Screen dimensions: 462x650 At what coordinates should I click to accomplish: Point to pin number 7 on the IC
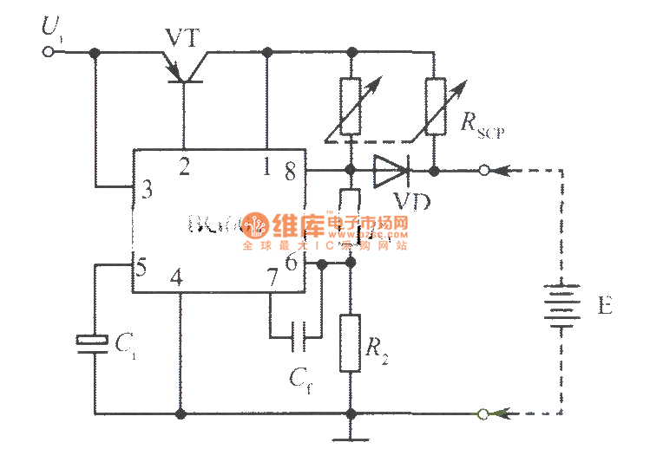[x=272, y=279]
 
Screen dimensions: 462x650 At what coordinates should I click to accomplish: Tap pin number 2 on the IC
[x=184, y=166]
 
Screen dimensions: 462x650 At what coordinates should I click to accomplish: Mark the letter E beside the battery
[x=604, y=306]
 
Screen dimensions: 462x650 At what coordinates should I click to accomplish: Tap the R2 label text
[x=375, y=348]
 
